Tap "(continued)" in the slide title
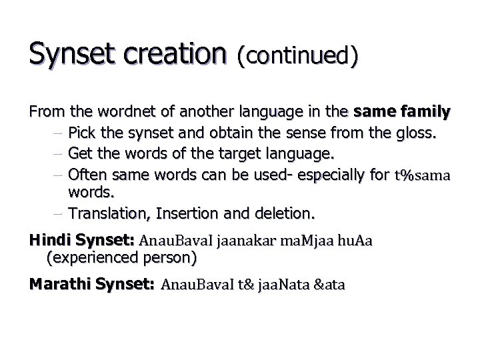[298, 56]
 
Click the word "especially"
[315, 175]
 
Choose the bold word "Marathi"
[57, 285]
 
